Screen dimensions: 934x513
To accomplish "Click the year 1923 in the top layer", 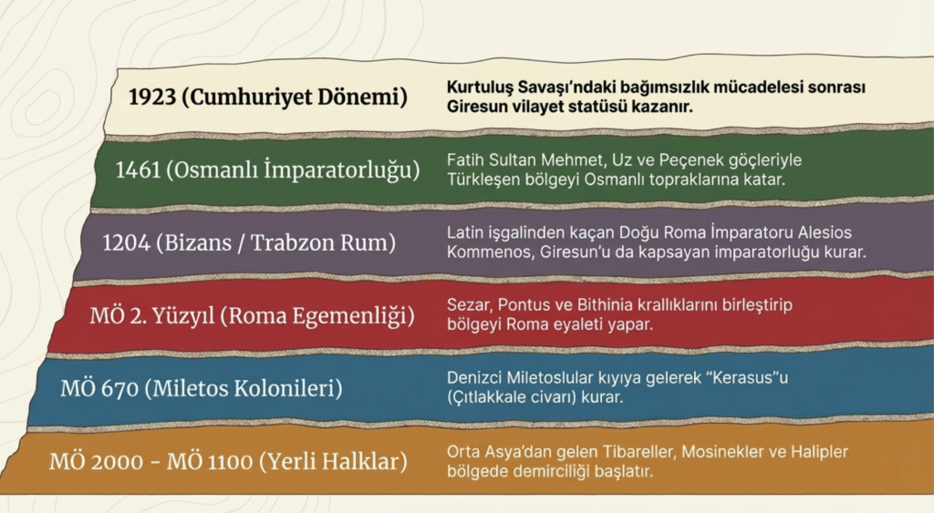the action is [x=152, y=97].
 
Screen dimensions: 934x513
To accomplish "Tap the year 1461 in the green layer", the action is [x=139, y=169].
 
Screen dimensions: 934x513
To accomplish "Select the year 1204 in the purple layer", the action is [x=126, y=242].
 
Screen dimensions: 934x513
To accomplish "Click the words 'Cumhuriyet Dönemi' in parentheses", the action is [x=295, y=97].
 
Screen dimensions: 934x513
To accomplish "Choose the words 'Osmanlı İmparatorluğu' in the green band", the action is [x=293, y=170].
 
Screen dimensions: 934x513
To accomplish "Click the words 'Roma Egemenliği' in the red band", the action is [x=317, y=316].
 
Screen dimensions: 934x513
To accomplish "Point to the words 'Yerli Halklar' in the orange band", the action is [x=334, y=461].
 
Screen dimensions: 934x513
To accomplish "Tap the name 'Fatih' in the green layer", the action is [x=465, y=160].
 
